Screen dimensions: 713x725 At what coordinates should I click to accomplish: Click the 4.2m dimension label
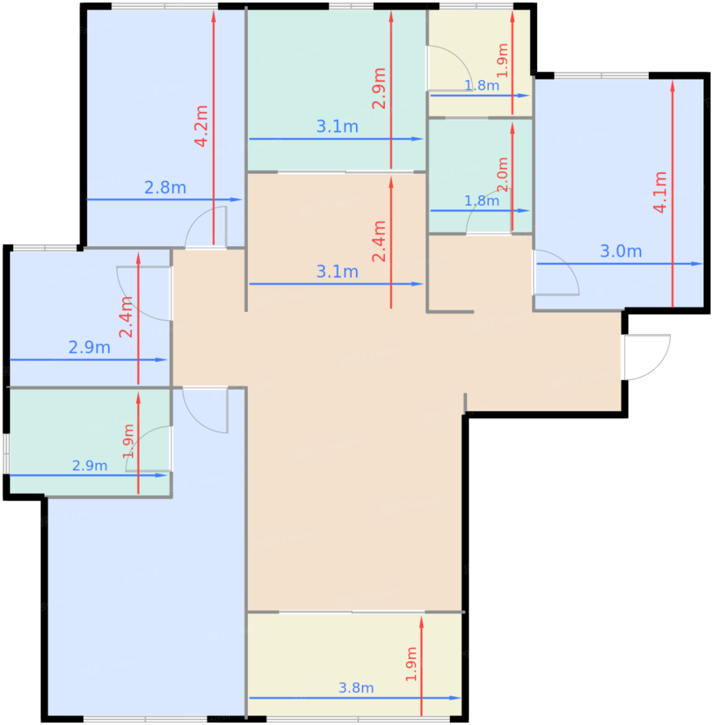[x=201, y=126]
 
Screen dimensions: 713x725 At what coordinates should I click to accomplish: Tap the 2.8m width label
[x=165, y=188]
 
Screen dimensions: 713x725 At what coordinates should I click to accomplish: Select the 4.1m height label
[x=660, y=192]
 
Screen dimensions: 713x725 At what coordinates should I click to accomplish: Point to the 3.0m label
[x=621, y=251]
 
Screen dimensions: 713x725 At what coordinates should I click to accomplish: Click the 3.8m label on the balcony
[x=356, y=688]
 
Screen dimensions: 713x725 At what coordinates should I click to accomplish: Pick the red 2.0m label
[x=502, y=175]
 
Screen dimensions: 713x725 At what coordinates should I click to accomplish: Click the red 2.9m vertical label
[x=379, y=89]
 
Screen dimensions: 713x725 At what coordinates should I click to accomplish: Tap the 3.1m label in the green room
[x=337, y=126]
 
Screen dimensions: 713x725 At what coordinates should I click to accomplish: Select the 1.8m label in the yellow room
[x=482, y=86]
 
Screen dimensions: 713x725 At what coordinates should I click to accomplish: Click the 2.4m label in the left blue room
[x=126, y=317]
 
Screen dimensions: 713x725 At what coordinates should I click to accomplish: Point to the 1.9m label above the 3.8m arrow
[x=411, y=664]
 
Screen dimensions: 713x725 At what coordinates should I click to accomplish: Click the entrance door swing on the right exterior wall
[x=647, y=357]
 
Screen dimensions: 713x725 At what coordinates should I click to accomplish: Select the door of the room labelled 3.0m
[x=556, y=272]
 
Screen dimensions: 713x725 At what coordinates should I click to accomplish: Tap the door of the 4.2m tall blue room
[x=206, y=227]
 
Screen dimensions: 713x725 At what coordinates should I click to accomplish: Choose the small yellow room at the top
[x=480, y=63]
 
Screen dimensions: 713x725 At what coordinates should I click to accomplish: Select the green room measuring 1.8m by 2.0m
[x=480, y=176]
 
